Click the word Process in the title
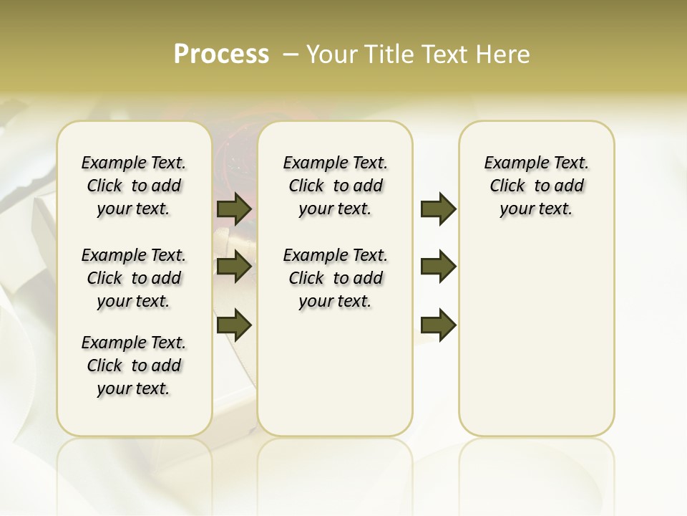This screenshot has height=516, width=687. point(221,54)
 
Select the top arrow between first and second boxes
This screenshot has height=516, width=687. point(234,209)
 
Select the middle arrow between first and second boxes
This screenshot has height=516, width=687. point(234,267)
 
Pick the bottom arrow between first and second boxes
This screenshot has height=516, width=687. point(234,325)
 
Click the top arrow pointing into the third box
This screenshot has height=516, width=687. point(438,209)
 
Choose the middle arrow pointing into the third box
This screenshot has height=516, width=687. point(438,267)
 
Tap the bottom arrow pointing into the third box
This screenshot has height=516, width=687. point(438,325)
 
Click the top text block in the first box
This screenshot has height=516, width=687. point(134,186)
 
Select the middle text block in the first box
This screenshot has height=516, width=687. point(134,278)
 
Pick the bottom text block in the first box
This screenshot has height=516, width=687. point(134,365)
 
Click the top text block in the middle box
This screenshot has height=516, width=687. point(335,186)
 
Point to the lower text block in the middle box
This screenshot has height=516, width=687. point(335,278)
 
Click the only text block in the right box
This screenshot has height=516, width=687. point(536,186)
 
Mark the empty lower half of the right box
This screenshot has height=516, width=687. point(536,337)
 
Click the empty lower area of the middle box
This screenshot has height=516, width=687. point(335,373)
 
